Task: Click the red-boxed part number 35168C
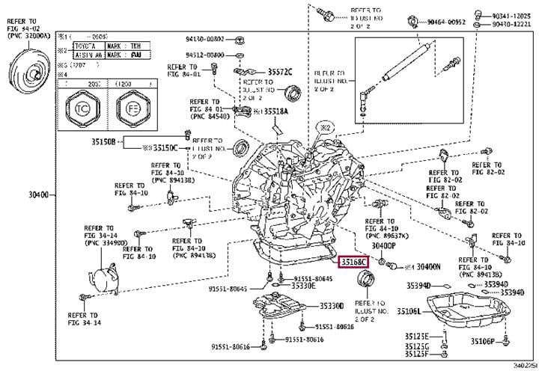point(353,263)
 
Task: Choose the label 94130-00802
point(206,39)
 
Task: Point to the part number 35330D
point(330,305)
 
